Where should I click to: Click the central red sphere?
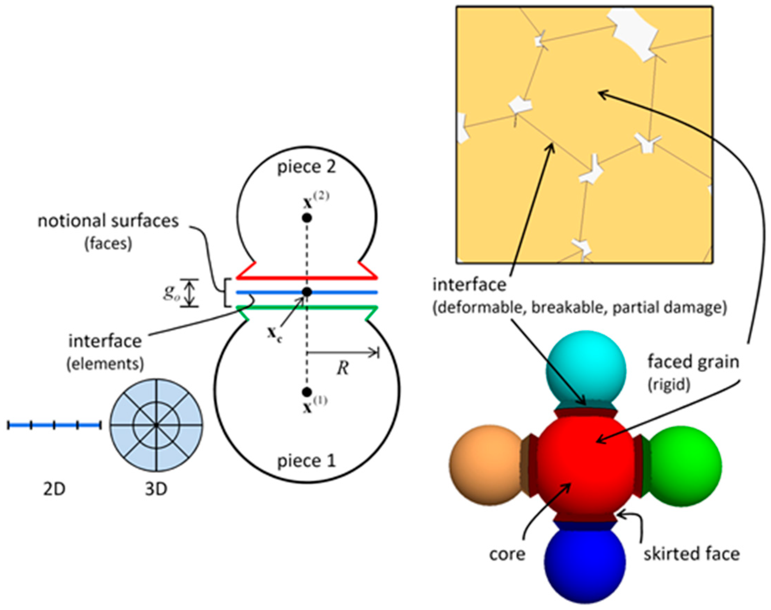pos(586,464)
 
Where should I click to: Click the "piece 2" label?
pos(307,167)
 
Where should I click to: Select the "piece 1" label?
pos(307,461)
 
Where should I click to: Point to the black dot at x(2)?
pos(307,217)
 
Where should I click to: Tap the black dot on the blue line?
pos(307,292)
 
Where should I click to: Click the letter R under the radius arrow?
pos(343,368)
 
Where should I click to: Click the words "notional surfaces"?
pos(108,222)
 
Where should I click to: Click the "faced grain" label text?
pos(693,362)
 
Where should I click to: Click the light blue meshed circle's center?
pos(156,425)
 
